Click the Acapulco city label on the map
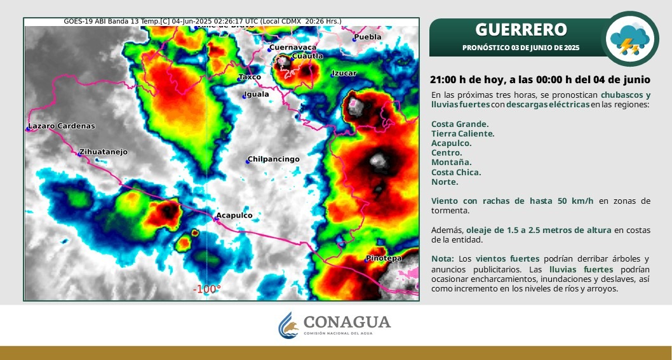click(234, 215)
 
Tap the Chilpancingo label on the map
click(273, 159)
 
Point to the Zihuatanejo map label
click(103, 152)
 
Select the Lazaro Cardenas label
click(61, 126)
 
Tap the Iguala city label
click(256, 94)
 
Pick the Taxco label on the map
click(250, 77)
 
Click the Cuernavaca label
click(293, 48)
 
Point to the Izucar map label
click(344, 73)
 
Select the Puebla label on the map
click(368, 37)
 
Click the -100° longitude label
click(206, 290)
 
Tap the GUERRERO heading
click(521, 30)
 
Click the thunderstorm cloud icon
click(629, 39)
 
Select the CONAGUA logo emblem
click(288, 325)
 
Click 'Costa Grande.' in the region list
click(460, 124)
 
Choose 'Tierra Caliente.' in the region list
click(463, 134)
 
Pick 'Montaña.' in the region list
click(452, 163)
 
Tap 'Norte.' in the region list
click(445, 182)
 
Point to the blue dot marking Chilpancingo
click(248, 161)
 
